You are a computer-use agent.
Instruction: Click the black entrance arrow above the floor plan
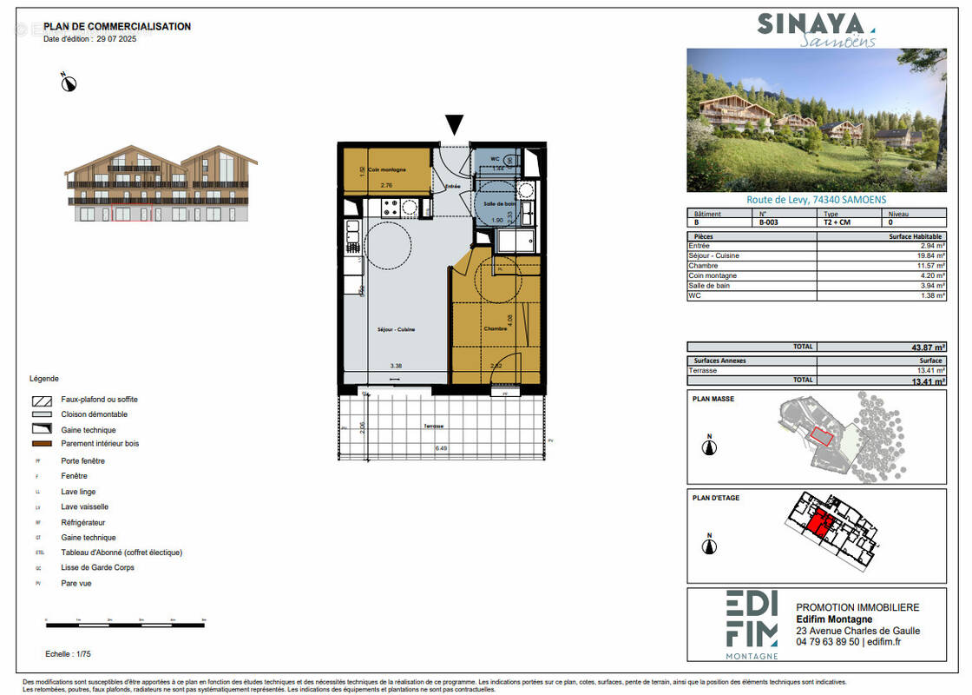pyautogui.click(x=454, y=125)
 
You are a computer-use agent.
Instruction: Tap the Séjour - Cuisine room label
pyautogui.click(x=396, y=329)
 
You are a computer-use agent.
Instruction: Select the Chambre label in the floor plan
pyautogui.click(x=495, y=328)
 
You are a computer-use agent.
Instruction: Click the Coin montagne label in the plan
pyautogui.click(x=386, y=169)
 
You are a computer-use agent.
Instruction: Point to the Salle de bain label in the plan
pyautogui.click(x=499, y=202)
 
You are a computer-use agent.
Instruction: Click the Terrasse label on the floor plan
pyautogui.click(x=434, y=426)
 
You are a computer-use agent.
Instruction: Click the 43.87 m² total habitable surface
pyautogui.click(x=927, y=347)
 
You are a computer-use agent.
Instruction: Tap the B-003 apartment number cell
pyautogui.click(x=769, y=222)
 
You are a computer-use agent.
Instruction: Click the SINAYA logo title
pyautogui.click(x=811, y=24)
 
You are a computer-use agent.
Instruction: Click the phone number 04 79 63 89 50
pyautogui.click(x=827, y=642)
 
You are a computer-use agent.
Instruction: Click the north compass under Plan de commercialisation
pyautogui.click(x=69, y=83)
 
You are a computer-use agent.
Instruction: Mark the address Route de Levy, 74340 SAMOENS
pyautogui.click(x=816, y=199)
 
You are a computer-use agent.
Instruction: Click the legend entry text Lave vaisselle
pyautogui.click(x=84, y=507)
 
